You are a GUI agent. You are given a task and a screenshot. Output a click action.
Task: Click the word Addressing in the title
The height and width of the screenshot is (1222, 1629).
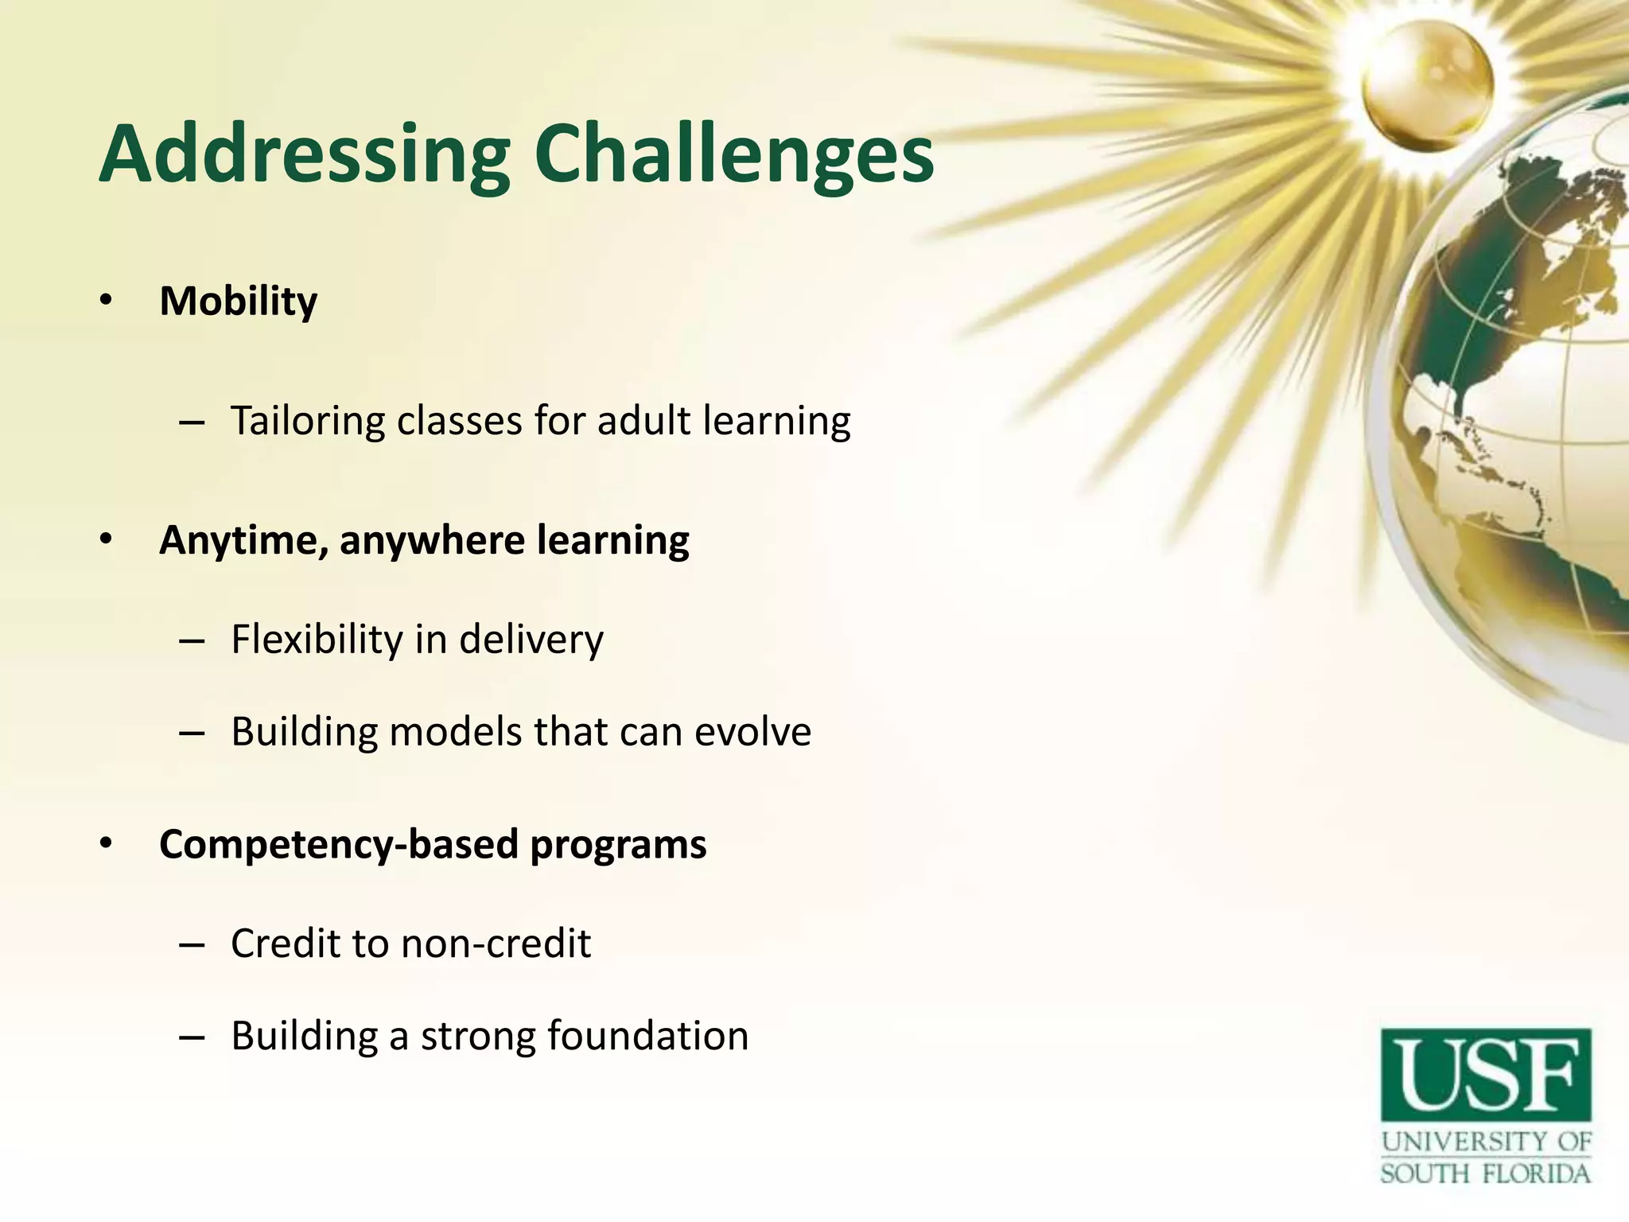click(x=304, y=155)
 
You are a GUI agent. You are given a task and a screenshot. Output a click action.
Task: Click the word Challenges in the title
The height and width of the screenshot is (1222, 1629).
click(x=733, y=155)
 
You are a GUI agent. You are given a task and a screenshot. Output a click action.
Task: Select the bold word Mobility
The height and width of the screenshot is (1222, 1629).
click(x=238, y=302)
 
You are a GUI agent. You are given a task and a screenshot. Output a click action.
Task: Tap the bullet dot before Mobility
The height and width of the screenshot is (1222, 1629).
click(x=107, y=302)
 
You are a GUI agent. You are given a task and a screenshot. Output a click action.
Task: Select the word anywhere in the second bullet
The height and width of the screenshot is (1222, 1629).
click(x=432, y=541)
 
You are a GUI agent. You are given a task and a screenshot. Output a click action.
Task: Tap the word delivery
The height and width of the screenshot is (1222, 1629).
click(x=531, y=640)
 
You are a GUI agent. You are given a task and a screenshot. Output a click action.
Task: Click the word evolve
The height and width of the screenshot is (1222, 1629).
click(x=752, y=732)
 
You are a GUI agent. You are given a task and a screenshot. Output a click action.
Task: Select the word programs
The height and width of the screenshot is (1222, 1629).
click(x=618, y=845)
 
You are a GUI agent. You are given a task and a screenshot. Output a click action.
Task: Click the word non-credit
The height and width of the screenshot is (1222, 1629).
click(x=496, y=944)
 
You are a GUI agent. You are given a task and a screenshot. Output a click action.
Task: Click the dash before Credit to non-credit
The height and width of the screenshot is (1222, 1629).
click(x=192, y=944)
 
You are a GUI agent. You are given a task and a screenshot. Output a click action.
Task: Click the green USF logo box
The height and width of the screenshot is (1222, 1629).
click(x=1486, y=1075)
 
